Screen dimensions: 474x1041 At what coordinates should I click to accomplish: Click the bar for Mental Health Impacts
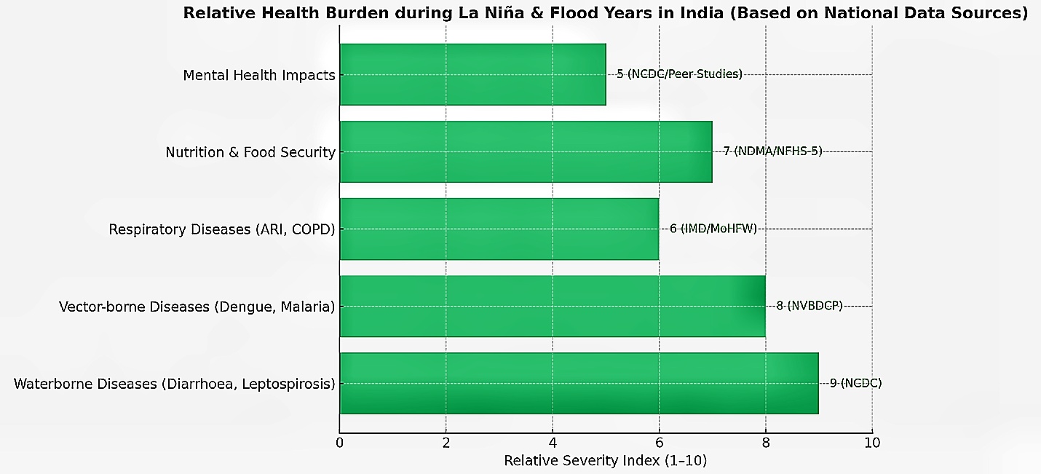tap(472, 74)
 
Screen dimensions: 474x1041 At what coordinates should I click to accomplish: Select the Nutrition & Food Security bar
tap(526, 151)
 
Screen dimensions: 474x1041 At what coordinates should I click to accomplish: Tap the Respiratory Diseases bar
tap(499, 229)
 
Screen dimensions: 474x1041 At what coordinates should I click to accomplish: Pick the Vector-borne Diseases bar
tap(552, 306)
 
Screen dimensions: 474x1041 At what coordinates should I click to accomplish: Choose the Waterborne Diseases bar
tap(579, 383)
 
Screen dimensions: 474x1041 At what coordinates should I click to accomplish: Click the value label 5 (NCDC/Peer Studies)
tap(679, 74)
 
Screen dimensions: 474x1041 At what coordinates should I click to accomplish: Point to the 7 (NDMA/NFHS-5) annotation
tap(772, 151)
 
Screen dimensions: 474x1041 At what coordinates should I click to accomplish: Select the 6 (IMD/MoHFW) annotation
tap(713, 229)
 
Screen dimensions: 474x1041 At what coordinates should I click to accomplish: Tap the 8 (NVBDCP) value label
tap(809, 306)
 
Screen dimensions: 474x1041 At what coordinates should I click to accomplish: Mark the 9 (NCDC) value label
tap(855, 383)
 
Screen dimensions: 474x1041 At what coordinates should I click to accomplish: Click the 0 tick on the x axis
tap(340, 443)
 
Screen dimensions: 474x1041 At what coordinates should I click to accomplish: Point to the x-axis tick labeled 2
tap(446, 443)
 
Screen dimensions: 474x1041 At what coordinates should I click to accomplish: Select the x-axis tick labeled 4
tap(553, 443)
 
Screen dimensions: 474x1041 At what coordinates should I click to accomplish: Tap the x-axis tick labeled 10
tap(871, 443)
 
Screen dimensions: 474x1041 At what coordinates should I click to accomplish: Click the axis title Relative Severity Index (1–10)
tap(606, 461)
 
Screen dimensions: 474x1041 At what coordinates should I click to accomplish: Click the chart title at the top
tap(605, 12)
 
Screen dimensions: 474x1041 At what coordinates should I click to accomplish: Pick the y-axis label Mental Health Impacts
tap(259, 75)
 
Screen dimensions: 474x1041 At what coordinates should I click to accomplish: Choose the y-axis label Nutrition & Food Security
tap(250, 152)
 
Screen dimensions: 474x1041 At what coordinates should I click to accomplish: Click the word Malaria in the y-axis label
tap(309, 307)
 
